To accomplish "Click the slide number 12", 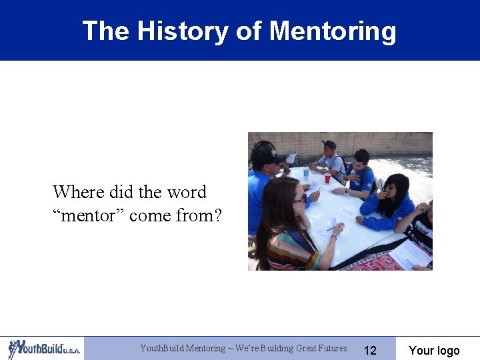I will (x=370, y=351).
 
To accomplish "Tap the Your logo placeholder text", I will (x=434, y=351).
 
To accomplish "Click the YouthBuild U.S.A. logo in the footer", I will (x=43, y=349).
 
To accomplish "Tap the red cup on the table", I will (x=327, y=179).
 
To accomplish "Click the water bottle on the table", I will (x=306, y=173).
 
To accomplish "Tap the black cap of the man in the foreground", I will (x=267, y=155).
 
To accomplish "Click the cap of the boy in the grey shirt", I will (x=329, y=144).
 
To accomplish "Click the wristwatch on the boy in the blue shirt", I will (x=346, y=191).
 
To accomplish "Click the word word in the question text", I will (x=186, y=192).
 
